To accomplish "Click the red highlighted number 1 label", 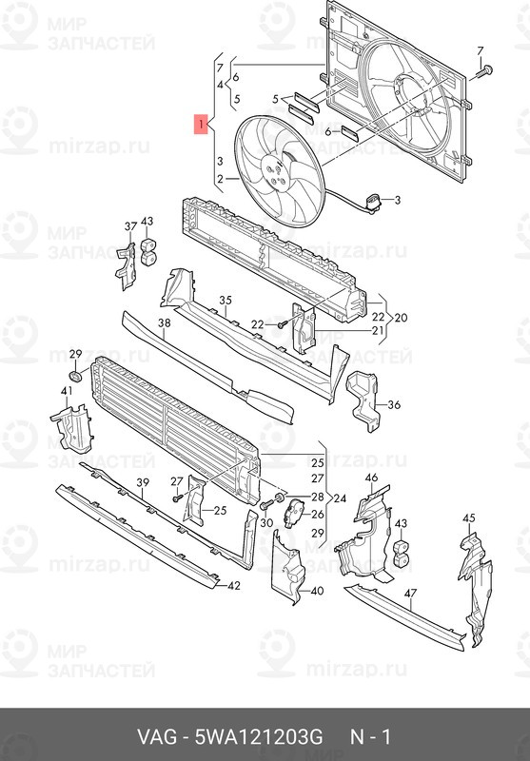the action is click(201, 125).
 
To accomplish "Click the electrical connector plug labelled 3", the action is click(374, 204).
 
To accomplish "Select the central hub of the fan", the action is click(275, 173).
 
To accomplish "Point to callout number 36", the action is click(394, 403).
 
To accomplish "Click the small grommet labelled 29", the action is click(75, 376).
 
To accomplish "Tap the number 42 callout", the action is click(233, 586).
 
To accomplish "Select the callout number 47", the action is click(411, 593).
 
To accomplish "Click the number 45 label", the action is click(468, 518).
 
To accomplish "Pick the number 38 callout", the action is click(165, 322).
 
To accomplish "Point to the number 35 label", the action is click(226, 301).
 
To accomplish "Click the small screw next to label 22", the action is click(282, 324).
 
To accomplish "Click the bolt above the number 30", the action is click(265, 505).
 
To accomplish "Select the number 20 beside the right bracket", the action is click(401, 319).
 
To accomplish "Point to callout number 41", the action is click(67, 391).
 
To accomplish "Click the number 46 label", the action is click(371, 478).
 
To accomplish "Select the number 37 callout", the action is click(130, 225).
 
